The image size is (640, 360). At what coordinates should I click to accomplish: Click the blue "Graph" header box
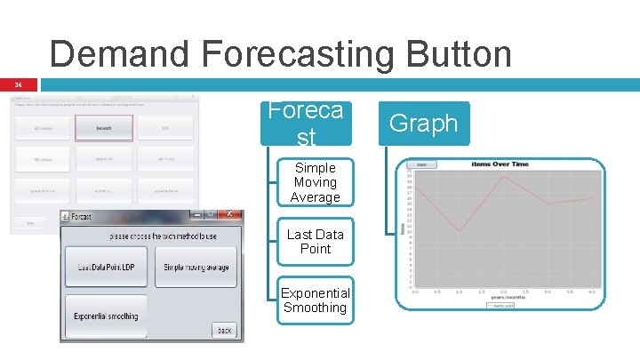coord(423,124)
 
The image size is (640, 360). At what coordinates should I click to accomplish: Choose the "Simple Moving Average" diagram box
coord(316,182)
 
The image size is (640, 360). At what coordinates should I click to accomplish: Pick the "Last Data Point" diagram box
coord(316,242)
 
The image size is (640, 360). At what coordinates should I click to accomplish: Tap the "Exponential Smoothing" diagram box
coord(316,300)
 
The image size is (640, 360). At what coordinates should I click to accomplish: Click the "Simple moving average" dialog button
coord(196,267)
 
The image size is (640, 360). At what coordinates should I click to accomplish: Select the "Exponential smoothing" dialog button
coord(106,316)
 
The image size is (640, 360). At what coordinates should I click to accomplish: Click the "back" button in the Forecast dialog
coord(225,331)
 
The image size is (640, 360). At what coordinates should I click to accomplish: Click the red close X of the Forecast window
coord(230,214)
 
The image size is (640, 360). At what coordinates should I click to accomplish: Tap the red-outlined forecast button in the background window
coord(104,128)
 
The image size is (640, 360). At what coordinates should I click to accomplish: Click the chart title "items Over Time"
coord(500,164)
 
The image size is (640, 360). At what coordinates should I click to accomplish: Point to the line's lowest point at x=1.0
coord(460,232)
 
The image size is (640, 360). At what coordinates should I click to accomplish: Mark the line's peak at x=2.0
coord(504,176)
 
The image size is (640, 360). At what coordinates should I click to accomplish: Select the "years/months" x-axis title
coord(503,296)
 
